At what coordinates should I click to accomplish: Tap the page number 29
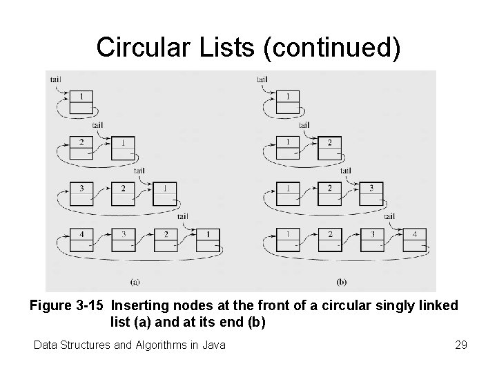click(x=461, y=344)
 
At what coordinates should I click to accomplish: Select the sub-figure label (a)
click(x=136, y=281)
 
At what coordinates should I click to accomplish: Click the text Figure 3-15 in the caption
click(x=67, y=306)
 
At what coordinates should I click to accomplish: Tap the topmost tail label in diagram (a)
click(x=55, y=79)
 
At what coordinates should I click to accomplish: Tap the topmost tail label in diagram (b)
click(x=262, y=79)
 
